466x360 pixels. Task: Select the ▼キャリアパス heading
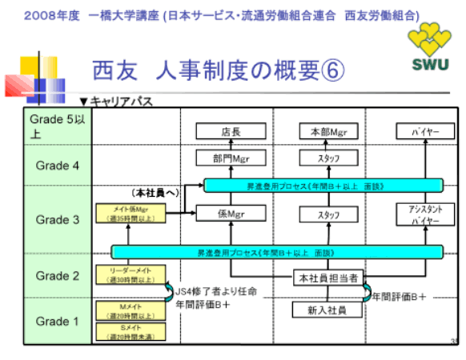pyautogui.click(x=115, y=102)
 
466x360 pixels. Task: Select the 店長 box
pyautogui.click(x=231, y=131)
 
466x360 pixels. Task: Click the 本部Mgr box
pyautogui.click(x=327, y=131)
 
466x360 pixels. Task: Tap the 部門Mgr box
pyautogui.click(x=231, y=158)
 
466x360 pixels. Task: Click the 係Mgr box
pyautogui.click(x=231, y=214)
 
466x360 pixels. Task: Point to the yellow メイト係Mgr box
pyautogui.click(x=129, y=214)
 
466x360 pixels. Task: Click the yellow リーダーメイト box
pyautogui.click(x=129, y=274)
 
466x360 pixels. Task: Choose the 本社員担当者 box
pyautogui.click(x=327, y=277)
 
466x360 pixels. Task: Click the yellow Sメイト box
pyautogui.click(x=129, y=334)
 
